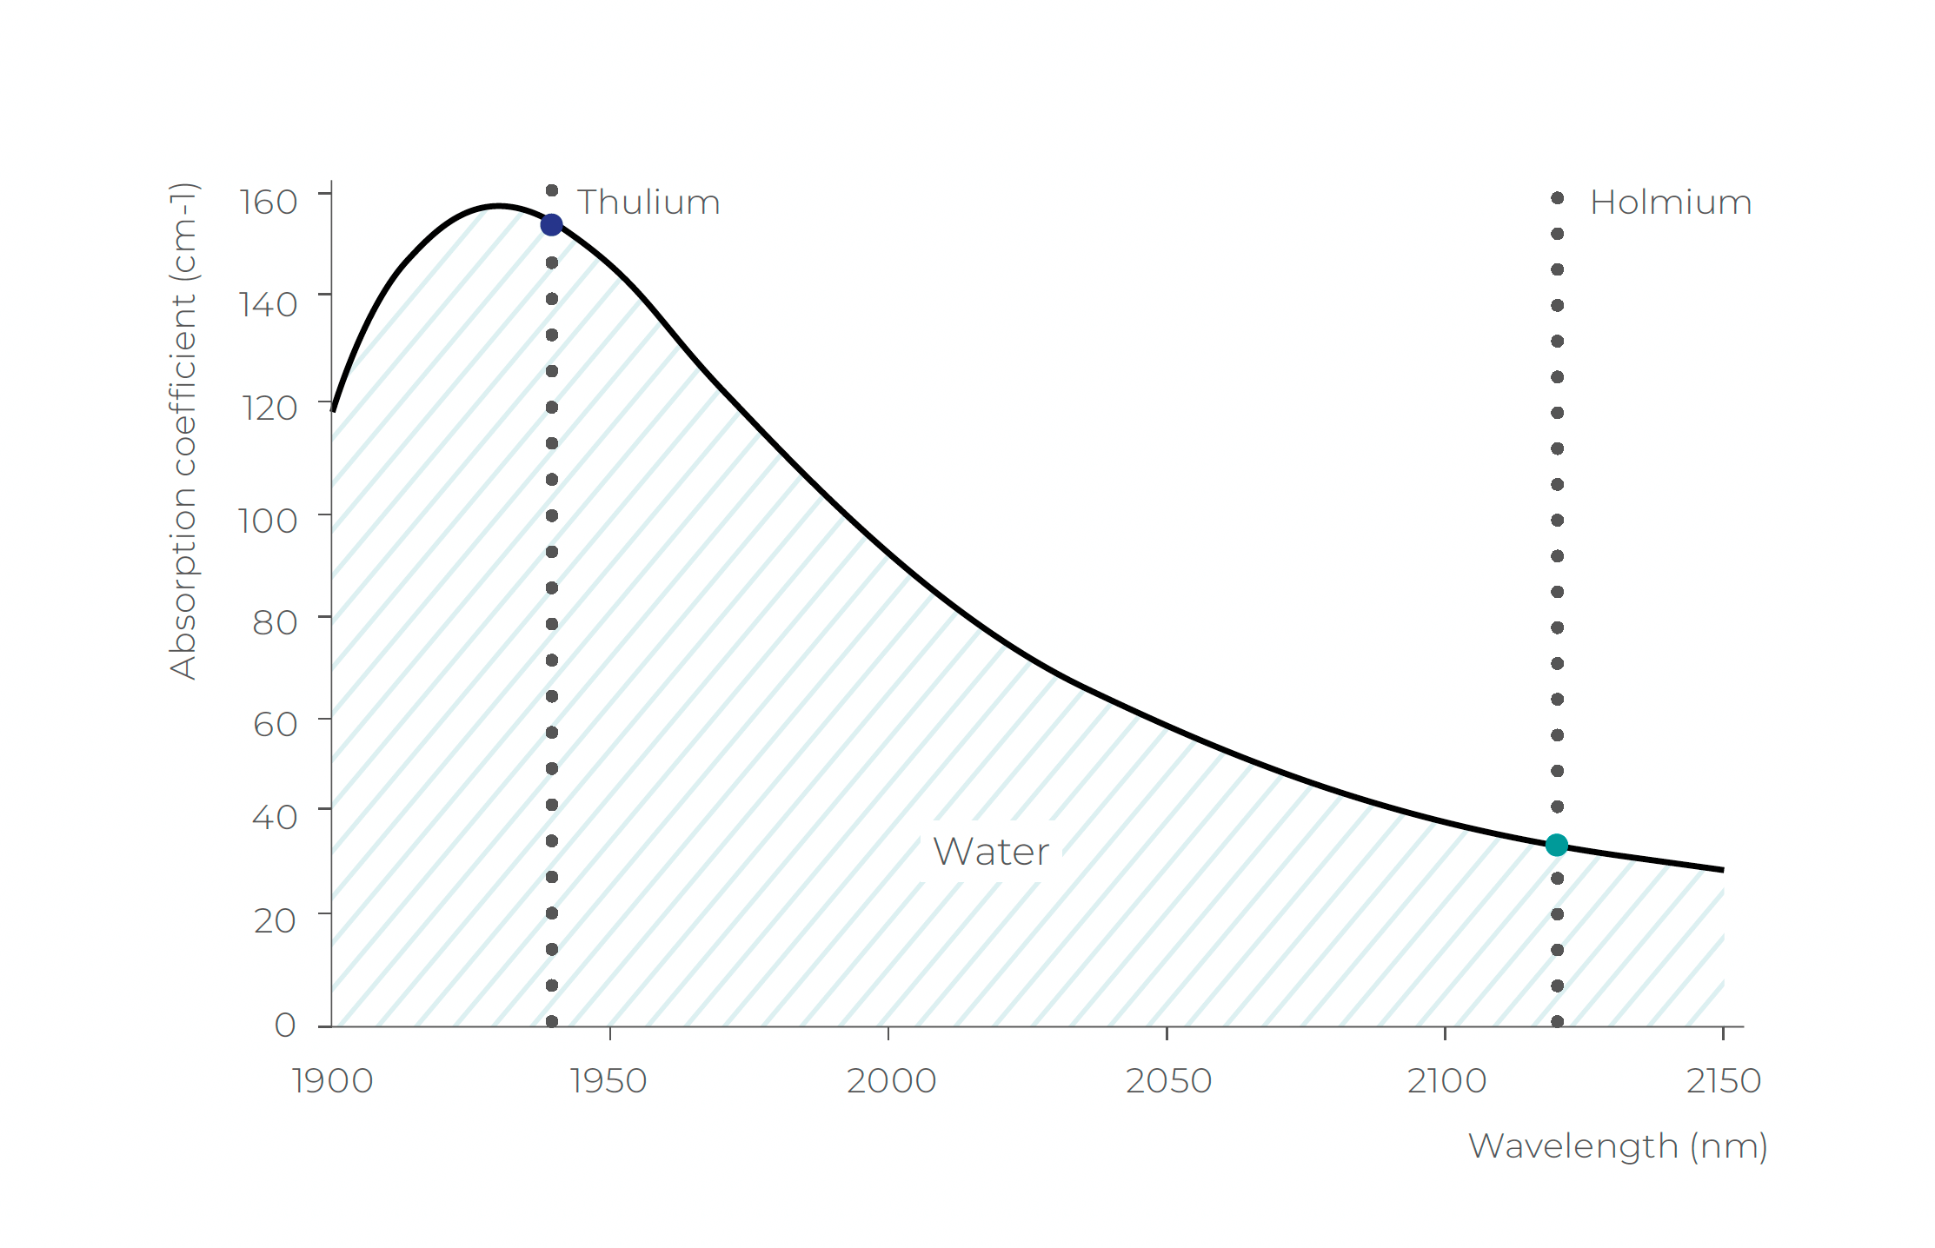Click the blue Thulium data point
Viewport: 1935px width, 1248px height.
551,225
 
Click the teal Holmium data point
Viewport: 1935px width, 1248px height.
1556,845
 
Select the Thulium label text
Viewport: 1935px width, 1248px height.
648,202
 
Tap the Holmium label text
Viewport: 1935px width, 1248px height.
1670,202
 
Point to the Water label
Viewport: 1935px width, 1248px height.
990,852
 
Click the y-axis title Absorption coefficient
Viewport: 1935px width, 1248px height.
183,430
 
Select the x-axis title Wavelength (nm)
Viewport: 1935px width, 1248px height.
1617,1146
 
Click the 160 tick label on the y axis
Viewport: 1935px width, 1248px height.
269,202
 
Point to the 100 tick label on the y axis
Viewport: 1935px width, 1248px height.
268,521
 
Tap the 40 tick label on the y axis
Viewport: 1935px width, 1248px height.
274,817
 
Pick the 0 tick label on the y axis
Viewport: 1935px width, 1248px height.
285,1025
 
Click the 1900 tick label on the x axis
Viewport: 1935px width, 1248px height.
332,1081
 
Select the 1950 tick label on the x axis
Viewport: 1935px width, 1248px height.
608,1081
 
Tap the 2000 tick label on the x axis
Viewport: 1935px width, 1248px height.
891,1081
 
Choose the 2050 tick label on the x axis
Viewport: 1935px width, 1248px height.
1168,1081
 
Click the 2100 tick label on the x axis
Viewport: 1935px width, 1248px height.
1446,1081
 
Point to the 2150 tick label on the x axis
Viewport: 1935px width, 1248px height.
1723,1081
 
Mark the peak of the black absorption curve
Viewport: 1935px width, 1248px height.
497,206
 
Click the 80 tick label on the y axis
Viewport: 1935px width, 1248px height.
275,622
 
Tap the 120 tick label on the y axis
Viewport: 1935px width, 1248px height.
269,408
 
